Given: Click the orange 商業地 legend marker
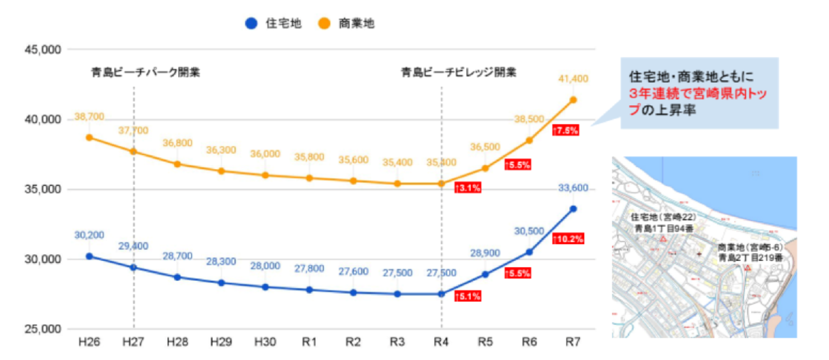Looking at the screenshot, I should pos(324,23).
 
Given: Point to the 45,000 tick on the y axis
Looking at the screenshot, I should pos(43,50).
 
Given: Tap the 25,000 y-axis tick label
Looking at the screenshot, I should pos(43,329).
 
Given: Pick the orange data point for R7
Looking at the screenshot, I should pos(573,100).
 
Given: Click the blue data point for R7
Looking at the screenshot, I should pos(573,209).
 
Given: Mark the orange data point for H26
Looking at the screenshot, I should pos(89,138).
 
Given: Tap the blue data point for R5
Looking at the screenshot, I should pos(485,274).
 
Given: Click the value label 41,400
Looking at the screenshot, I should pos(573,79).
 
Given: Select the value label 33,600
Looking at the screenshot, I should pos(573,188).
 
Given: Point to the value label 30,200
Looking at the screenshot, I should pos(89,235).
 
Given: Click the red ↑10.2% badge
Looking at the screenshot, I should pos(568,239).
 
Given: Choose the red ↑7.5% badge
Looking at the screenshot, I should pos(565,130).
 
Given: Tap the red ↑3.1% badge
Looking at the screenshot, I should pos(467,188).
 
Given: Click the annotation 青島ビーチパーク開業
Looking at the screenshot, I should pos(145,72).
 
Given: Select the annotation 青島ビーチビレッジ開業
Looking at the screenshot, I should pos(458,72).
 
